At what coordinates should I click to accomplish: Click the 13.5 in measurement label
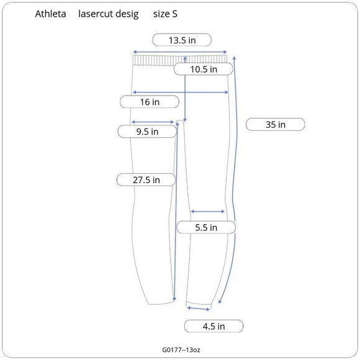coord(182,40)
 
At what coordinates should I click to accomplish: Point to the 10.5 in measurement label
coord(204,70)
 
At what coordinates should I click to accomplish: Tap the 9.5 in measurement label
coord(147,132)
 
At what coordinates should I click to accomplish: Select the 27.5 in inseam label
coord(146,180)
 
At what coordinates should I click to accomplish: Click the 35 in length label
coord(276,124)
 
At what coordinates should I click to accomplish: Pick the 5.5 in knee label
coord(205,228)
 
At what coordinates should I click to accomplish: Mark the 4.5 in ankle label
coord(214,326)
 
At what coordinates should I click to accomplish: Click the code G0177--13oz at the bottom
coord(180,351)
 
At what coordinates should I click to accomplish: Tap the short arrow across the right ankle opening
coord(199,308)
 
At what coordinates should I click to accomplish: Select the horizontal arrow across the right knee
coord(207,212)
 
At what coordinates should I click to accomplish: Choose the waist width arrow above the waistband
coord(181,52)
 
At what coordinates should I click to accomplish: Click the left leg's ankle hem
coord(160,304)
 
